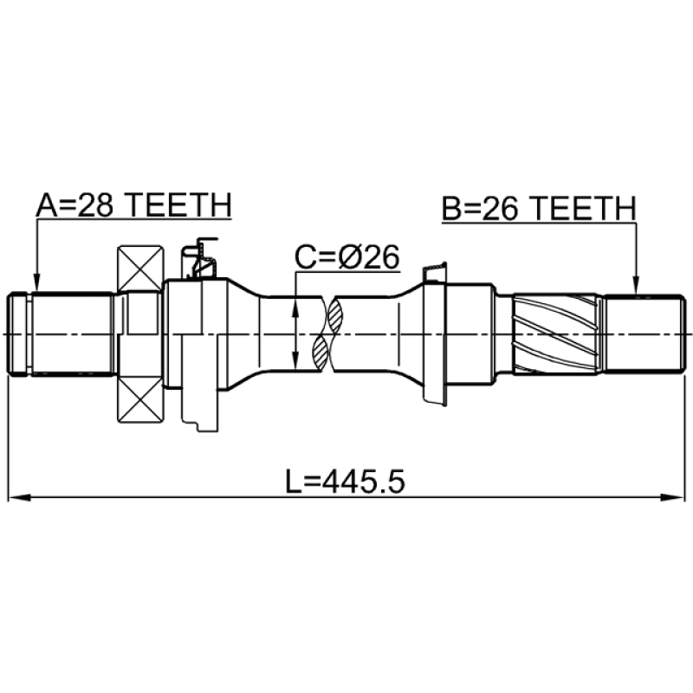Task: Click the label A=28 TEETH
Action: [134, 205]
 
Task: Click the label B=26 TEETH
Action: [539, 208]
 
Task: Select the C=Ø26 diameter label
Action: [347, 257]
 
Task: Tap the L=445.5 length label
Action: [345, 482]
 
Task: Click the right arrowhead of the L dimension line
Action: [674, 497]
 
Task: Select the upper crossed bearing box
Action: [140, 269]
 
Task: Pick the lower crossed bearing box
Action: [140, 399]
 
